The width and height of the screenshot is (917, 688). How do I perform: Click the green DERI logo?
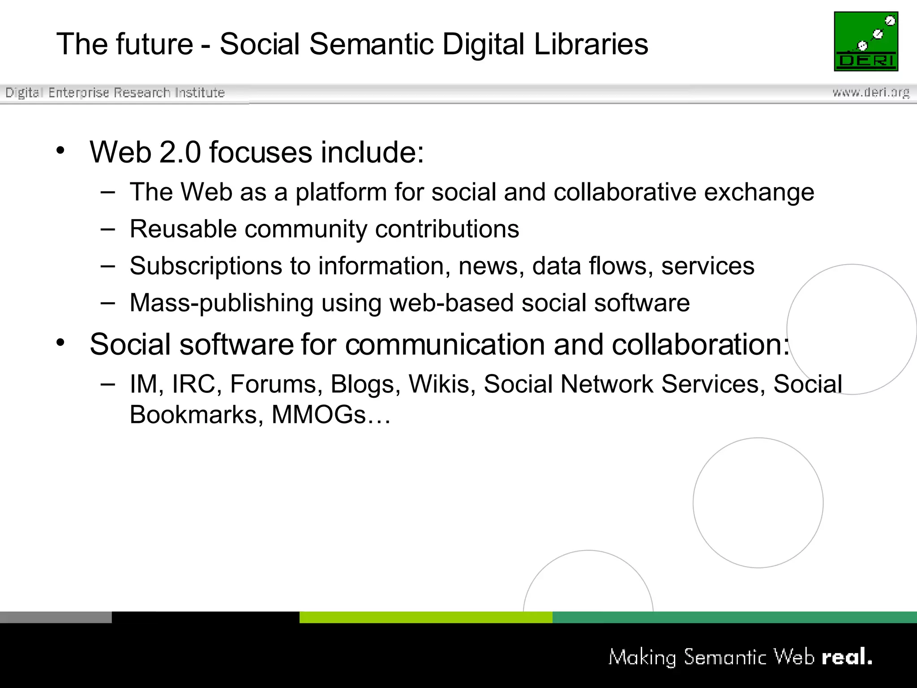(x=866, y=41)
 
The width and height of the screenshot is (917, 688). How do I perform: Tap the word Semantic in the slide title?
(x=371, y=44)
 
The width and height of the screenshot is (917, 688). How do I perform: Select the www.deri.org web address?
(x=871, y=92)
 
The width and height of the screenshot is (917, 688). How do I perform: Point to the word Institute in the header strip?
(x=200, y=92)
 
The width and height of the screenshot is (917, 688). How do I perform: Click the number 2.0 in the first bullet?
(x=180, y=152)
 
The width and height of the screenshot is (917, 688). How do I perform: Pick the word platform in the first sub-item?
(x=341, y=193)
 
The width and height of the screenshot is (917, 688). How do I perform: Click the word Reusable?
(x=183, y=229)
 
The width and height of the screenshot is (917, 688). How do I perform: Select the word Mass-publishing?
(x=221, y=303)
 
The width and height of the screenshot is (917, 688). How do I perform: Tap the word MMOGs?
(x=319, y=414)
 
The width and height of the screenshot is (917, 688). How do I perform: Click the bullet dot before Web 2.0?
(x=60, y=150)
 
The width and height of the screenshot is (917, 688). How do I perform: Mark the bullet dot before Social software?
(x=60, y=343)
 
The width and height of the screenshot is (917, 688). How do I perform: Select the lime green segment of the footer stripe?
(x=425, y=617)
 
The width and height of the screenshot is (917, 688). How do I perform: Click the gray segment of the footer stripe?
(x=56, y=617)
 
